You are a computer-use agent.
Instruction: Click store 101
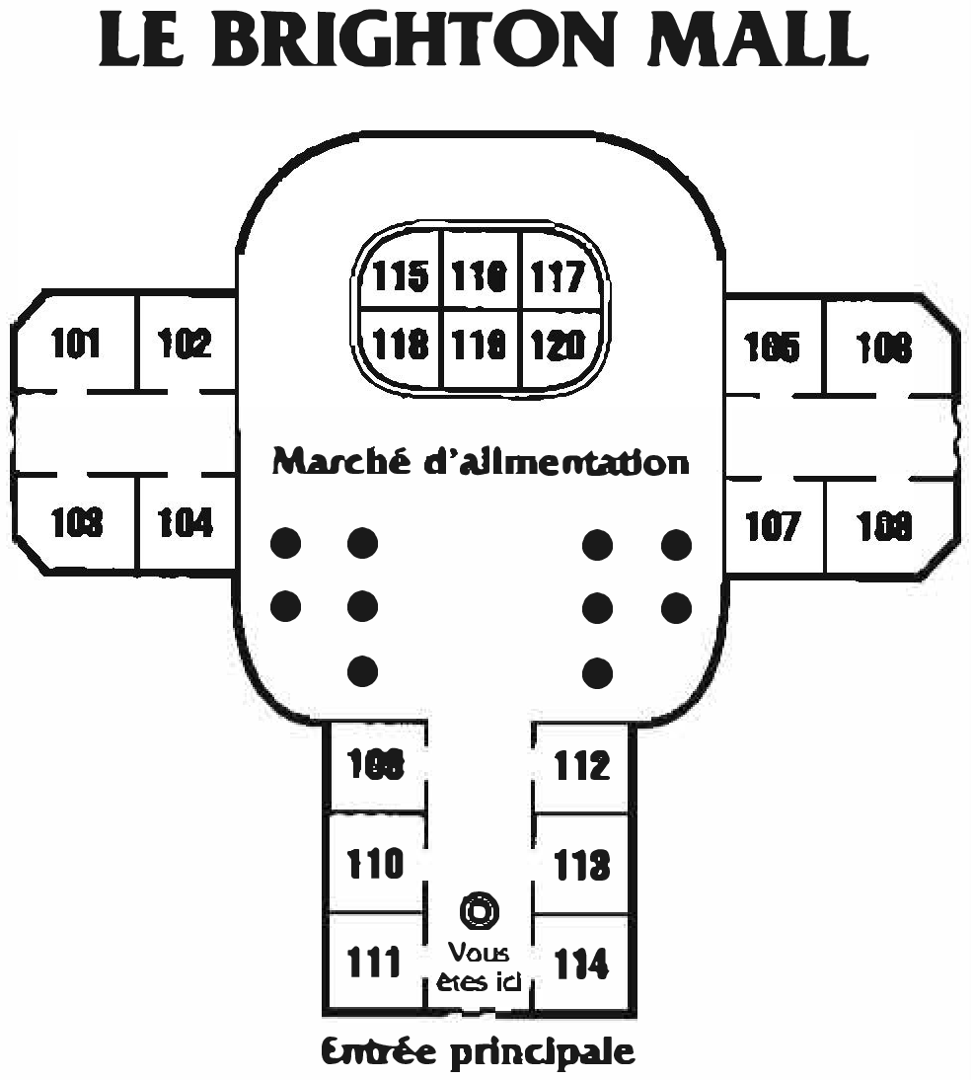[x=76, y=345]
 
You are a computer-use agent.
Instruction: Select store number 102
[x=186, y=345]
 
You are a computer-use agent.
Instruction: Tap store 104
[x=186, y=522]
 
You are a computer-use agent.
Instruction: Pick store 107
[x=773, y=526]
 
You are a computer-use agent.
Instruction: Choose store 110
[x=375, y=864]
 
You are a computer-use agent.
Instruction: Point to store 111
[x=374, y=961]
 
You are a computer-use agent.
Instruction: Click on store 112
[x=582, y=765]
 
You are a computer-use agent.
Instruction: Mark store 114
[x=582, y=963]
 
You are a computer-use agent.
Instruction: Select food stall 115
[x=401, y=276]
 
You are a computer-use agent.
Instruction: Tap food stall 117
[x=559, y=276]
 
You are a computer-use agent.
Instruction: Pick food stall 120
[x=559, y=345]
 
